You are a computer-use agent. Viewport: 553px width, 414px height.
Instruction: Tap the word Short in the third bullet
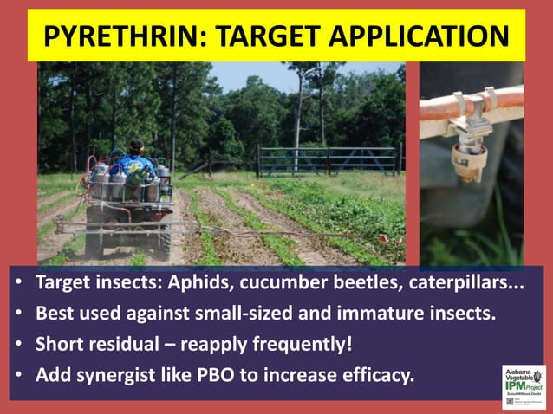pos(59,343)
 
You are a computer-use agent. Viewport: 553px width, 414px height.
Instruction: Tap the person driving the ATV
pos(137,157)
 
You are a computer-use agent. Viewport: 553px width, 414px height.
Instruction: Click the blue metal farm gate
pos(329,160)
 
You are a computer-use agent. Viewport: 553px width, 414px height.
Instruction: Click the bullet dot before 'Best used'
pos(20,314)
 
